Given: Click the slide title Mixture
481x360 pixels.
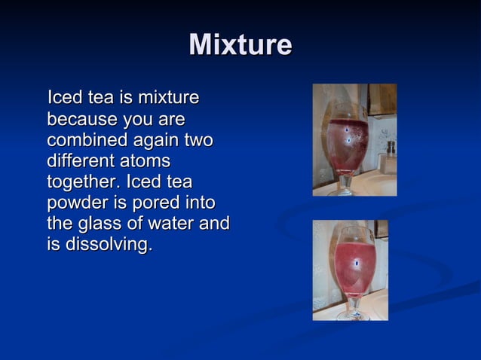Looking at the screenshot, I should click(240, 45).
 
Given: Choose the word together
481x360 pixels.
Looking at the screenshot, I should click(83, 182).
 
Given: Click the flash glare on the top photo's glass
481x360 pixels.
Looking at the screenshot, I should click(348, 132).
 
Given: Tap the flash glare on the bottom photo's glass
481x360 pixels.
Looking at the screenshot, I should click(357, 262).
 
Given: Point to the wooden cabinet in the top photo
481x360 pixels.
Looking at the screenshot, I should click(381, 98).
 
